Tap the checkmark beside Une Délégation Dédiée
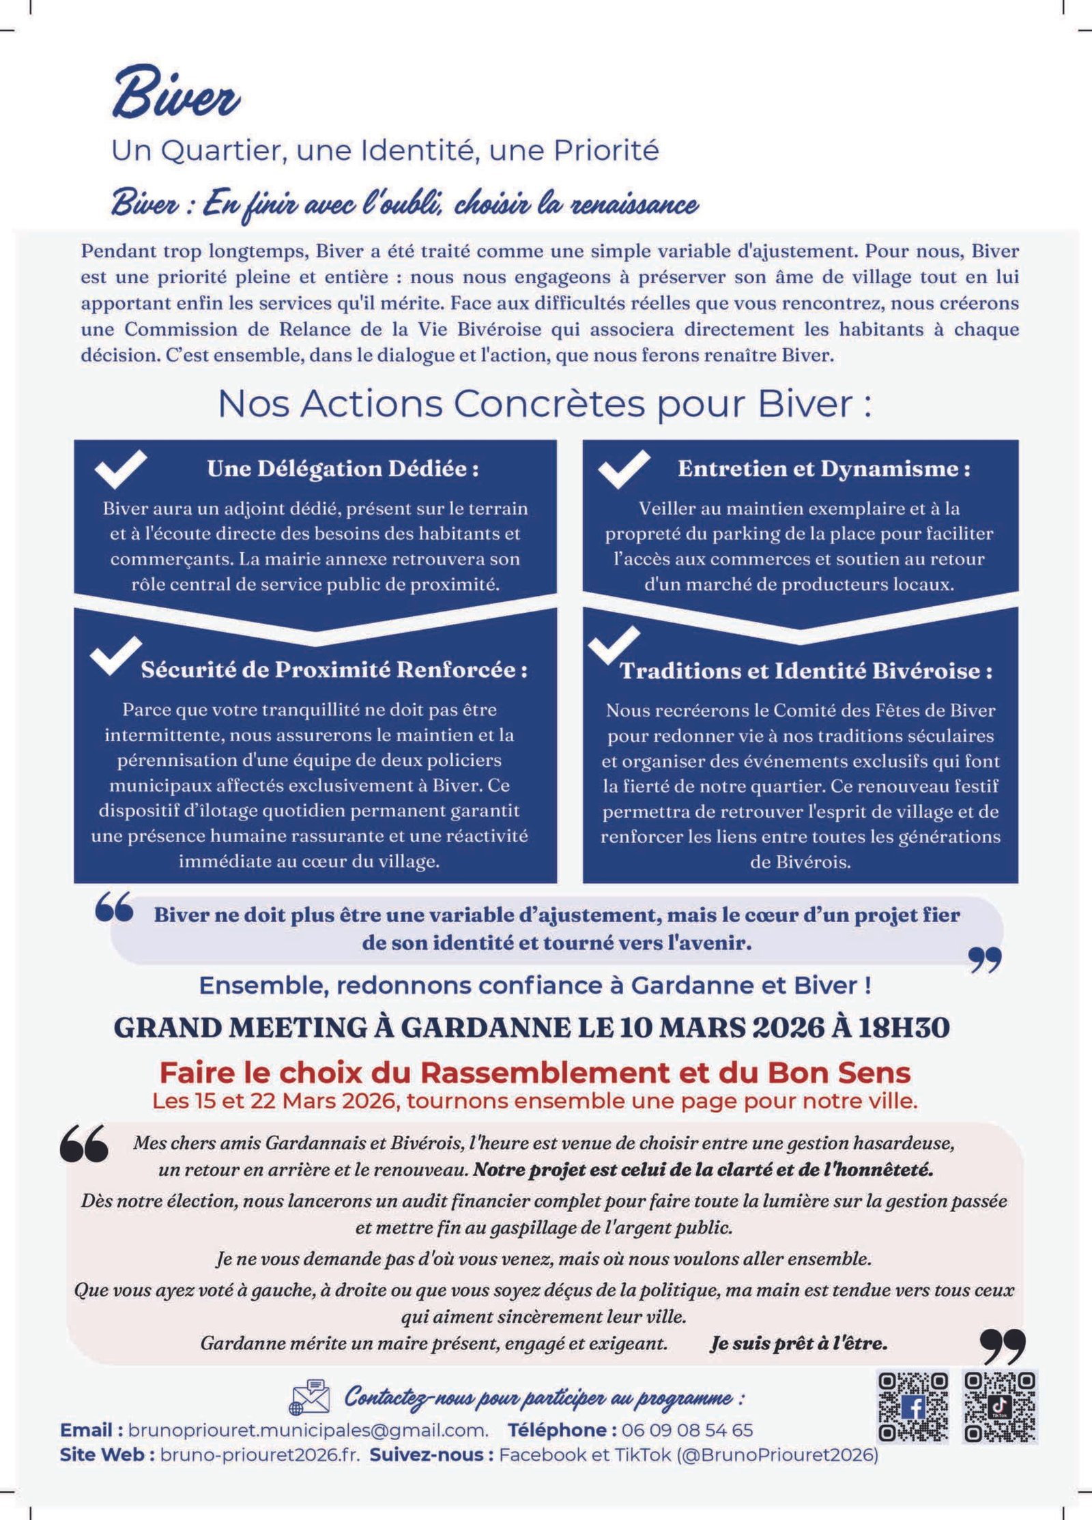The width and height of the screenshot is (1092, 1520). click(x=120, y=469)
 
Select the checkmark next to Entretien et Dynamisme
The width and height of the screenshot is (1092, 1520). click(x=623, y=469)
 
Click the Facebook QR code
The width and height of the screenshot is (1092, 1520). click(x=913, y=1407)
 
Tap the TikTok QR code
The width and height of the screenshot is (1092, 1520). click(x=1001, y=1407)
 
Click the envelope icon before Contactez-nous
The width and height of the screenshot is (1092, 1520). click(x=310, y=1396)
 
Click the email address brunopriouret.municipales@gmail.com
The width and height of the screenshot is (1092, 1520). click(x=308, y=1430)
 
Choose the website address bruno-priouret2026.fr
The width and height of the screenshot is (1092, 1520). click(x=260, y=1454)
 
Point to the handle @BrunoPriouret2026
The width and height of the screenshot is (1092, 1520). click(x=777, y=1454)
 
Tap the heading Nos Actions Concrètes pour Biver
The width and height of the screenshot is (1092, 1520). click(x=545, y=403)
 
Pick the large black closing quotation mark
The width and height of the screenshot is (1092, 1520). click(x=1003, y=1347)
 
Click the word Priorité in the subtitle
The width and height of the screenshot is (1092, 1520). click(x=607, y=150)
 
